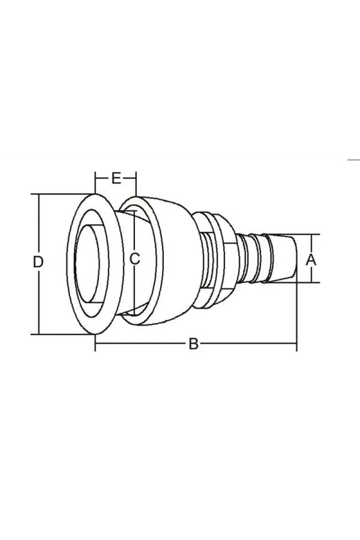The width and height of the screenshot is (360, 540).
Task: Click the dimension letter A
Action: (311, 260)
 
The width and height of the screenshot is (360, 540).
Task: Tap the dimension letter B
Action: (193, 344)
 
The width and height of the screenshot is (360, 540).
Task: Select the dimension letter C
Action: (135, 259)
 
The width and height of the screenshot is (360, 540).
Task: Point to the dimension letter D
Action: (38, 262)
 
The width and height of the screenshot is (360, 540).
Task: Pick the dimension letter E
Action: (116, 179)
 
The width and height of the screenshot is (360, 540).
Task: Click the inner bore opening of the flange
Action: (87, 264)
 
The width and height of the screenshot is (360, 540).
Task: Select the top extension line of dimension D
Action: (62, 194)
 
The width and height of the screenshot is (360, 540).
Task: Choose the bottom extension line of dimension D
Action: (62, 334)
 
